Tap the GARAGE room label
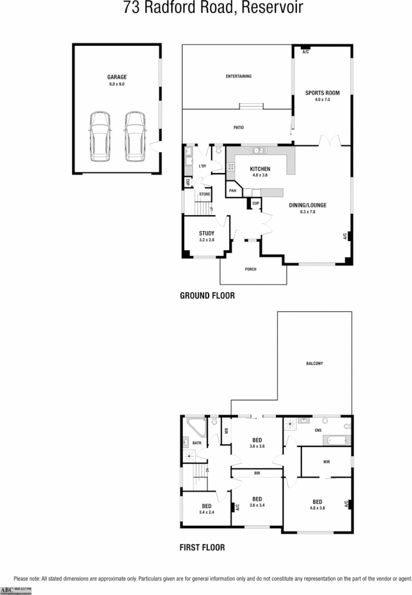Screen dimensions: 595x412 click(x=116, y=77)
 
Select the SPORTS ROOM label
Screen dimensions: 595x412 click(x=322, y=93)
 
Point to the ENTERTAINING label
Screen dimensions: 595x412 click(x=238, y=76)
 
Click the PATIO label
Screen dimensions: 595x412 click(x=238, y=127)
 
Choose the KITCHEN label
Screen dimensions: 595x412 click(x=260, y=169)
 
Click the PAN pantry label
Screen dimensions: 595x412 click(x=232, y=190)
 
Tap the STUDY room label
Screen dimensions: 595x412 click(x=206, y=233)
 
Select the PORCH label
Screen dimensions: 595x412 click(x=250, y=269)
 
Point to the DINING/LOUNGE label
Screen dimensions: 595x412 click(x=307, y=205)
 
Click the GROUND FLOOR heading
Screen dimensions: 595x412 click(x=207, y=296)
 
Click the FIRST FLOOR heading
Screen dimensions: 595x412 click(x=202, y=547)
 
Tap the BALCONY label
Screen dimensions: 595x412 click(x=314, y=364)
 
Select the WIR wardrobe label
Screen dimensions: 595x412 click(x=326, y=462)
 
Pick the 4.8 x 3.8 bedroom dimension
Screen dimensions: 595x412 click(x=317, y=508)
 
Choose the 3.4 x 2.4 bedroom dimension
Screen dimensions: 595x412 click(x=206, y=512)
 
